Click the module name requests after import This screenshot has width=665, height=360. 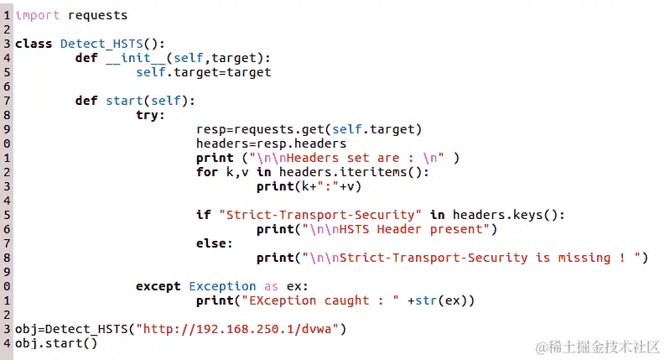[x=98, y=15]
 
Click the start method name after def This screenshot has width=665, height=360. [x=124, y=101]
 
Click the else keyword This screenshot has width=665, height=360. [x=211, y=243]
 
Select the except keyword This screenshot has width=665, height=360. [x=159, y=286]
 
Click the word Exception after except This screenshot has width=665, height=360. [x=222, y=286]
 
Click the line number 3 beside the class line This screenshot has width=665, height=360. [x=6, y=44]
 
